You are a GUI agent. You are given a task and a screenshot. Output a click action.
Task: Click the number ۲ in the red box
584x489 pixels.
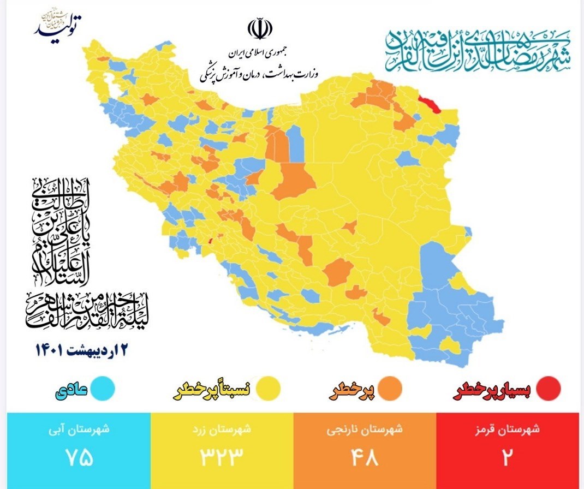[506, 458]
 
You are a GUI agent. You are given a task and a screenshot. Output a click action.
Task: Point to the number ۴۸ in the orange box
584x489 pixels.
[365, 458]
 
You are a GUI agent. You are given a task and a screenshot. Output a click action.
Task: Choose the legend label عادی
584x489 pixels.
[70, 390]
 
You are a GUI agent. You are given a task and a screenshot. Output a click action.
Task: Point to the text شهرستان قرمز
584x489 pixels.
[507, 429]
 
